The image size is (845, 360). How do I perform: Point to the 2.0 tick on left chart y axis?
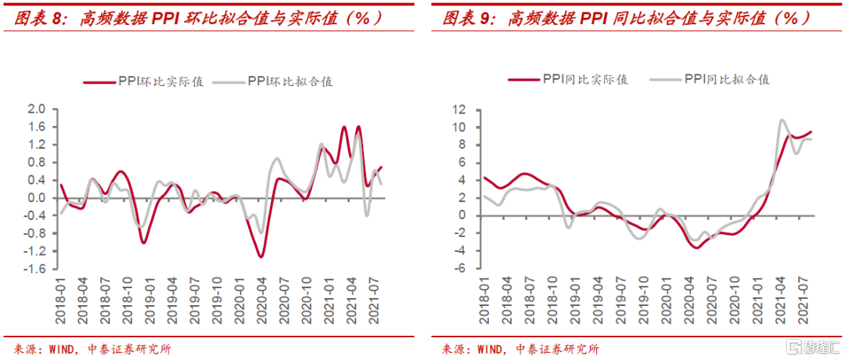point(37,109)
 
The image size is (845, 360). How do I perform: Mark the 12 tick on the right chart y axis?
point(459,109)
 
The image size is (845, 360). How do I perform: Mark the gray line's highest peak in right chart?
point(781,121)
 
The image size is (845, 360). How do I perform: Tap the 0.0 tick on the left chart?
point(37,198)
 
